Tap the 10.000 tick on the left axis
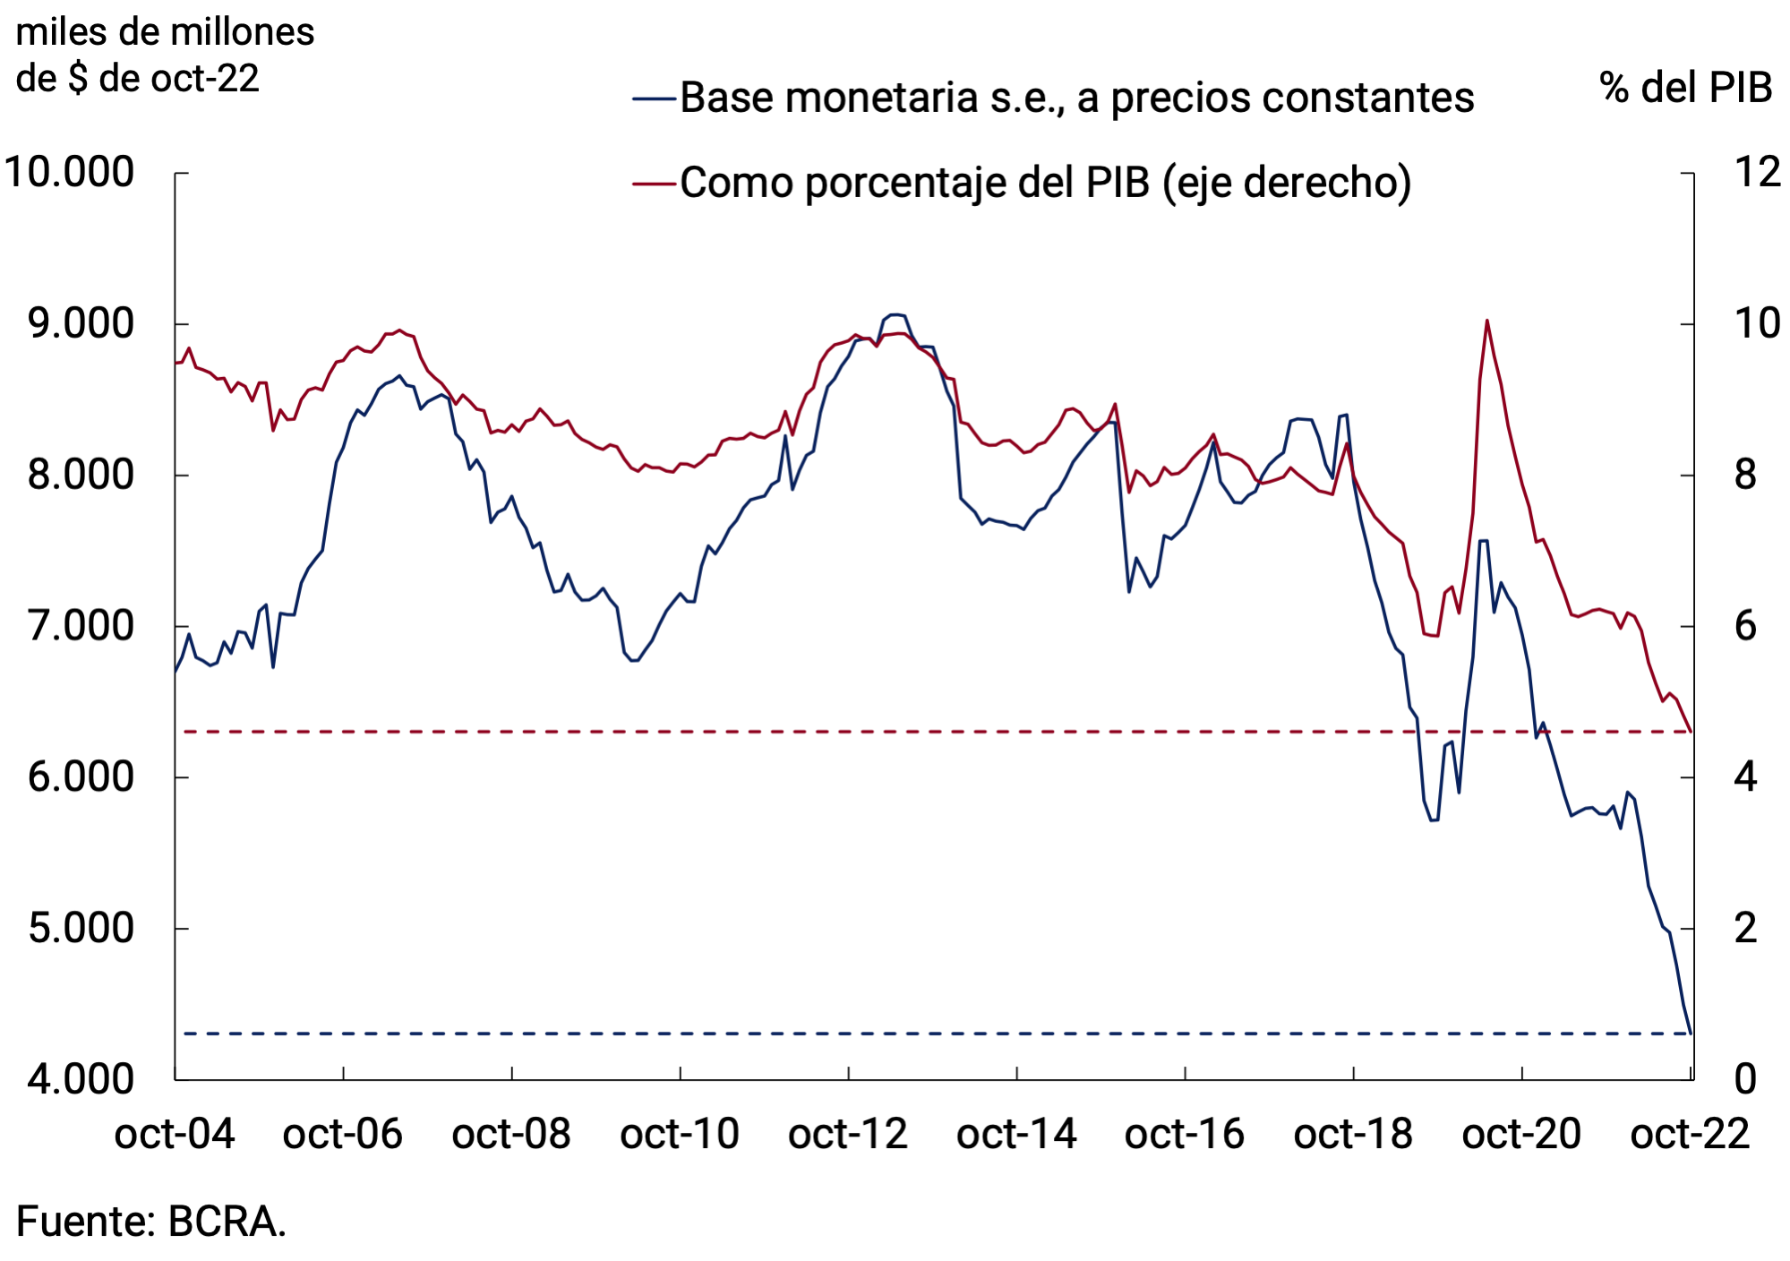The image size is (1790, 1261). coord(70,172)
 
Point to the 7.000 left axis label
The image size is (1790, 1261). coord(81,626)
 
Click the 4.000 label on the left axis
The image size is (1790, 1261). coord(81,1079)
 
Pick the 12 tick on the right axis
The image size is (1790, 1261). coord(1757,172)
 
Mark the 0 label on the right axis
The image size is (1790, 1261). coord(1745,1079)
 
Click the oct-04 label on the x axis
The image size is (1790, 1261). coord(175,1135)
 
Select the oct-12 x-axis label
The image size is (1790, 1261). coord(847,1135)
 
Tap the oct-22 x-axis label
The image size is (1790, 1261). coord(1689,1135)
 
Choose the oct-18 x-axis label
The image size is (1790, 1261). coord(1352,1135)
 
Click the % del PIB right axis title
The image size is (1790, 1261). coord(1685,88)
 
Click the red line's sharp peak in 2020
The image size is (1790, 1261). coord(1486,321)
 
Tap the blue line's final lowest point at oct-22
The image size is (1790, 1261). coord(1690,1033)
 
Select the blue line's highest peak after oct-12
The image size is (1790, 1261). coord(895,314)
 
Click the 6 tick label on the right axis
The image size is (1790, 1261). coord(1745,626)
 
